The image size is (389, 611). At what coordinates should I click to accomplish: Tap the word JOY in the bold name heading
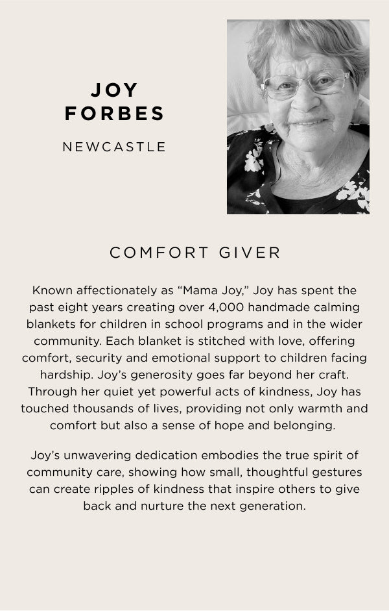[115, 90]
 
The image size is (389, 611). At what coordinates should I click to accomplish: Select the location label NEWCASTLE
[115, 147]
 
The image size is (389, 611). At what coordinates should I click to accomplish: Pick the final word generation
[270, 505]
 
